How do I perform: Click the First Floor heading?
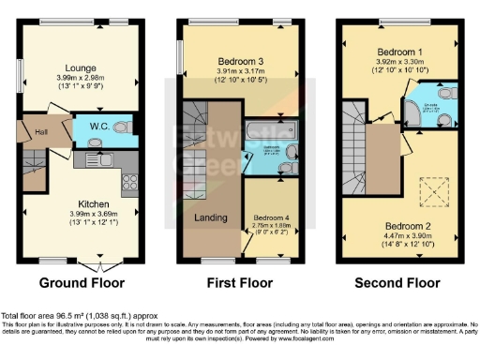click(x=238, y=282)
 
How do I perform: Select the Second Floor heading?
click(x=397, y=282)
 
